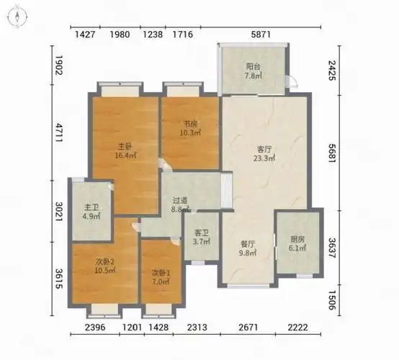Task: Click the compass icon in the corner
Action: click(x=17, y=17)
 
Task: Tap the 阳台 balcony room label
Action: click(x=254, y=67)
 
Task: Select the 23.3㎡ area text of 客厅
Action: click(x=264, y=158)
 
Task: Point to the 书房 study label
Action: click(x=191, y=124)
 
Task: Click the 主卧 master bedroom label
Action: click(x=125, y=147)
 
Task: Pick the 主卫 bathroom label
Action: click(x=91, y=207)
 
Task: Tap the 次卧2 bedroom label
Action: click(x=105, y=261)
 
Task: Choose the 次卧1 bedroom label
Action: click(x=161, y=274)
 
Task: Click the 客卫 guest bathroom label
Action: click(x=202, y=233)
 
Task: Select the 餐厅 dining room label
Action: click(x=248, y=244)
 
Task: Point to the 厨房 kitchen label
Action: click(x=297, y=240)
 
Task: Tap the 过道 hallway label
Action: click(x=180, y=200)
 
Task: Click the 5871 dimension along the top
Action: click(x=261, y=35)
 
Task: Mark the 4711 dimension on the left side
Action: click(x=59, y=132)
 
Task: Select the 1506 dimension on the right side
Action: click(x=332, y=300)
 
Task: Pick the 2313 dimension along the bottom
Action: click(x=197, y=327)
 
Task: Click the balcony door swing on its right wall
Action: click(x=292, y=81)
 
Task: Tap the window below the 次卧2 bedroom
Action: click(x=104, y=312)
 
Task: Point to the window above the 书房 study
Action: click(x=183, y=89)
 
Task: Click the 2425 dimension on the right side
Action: click(x=332, y=71)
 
